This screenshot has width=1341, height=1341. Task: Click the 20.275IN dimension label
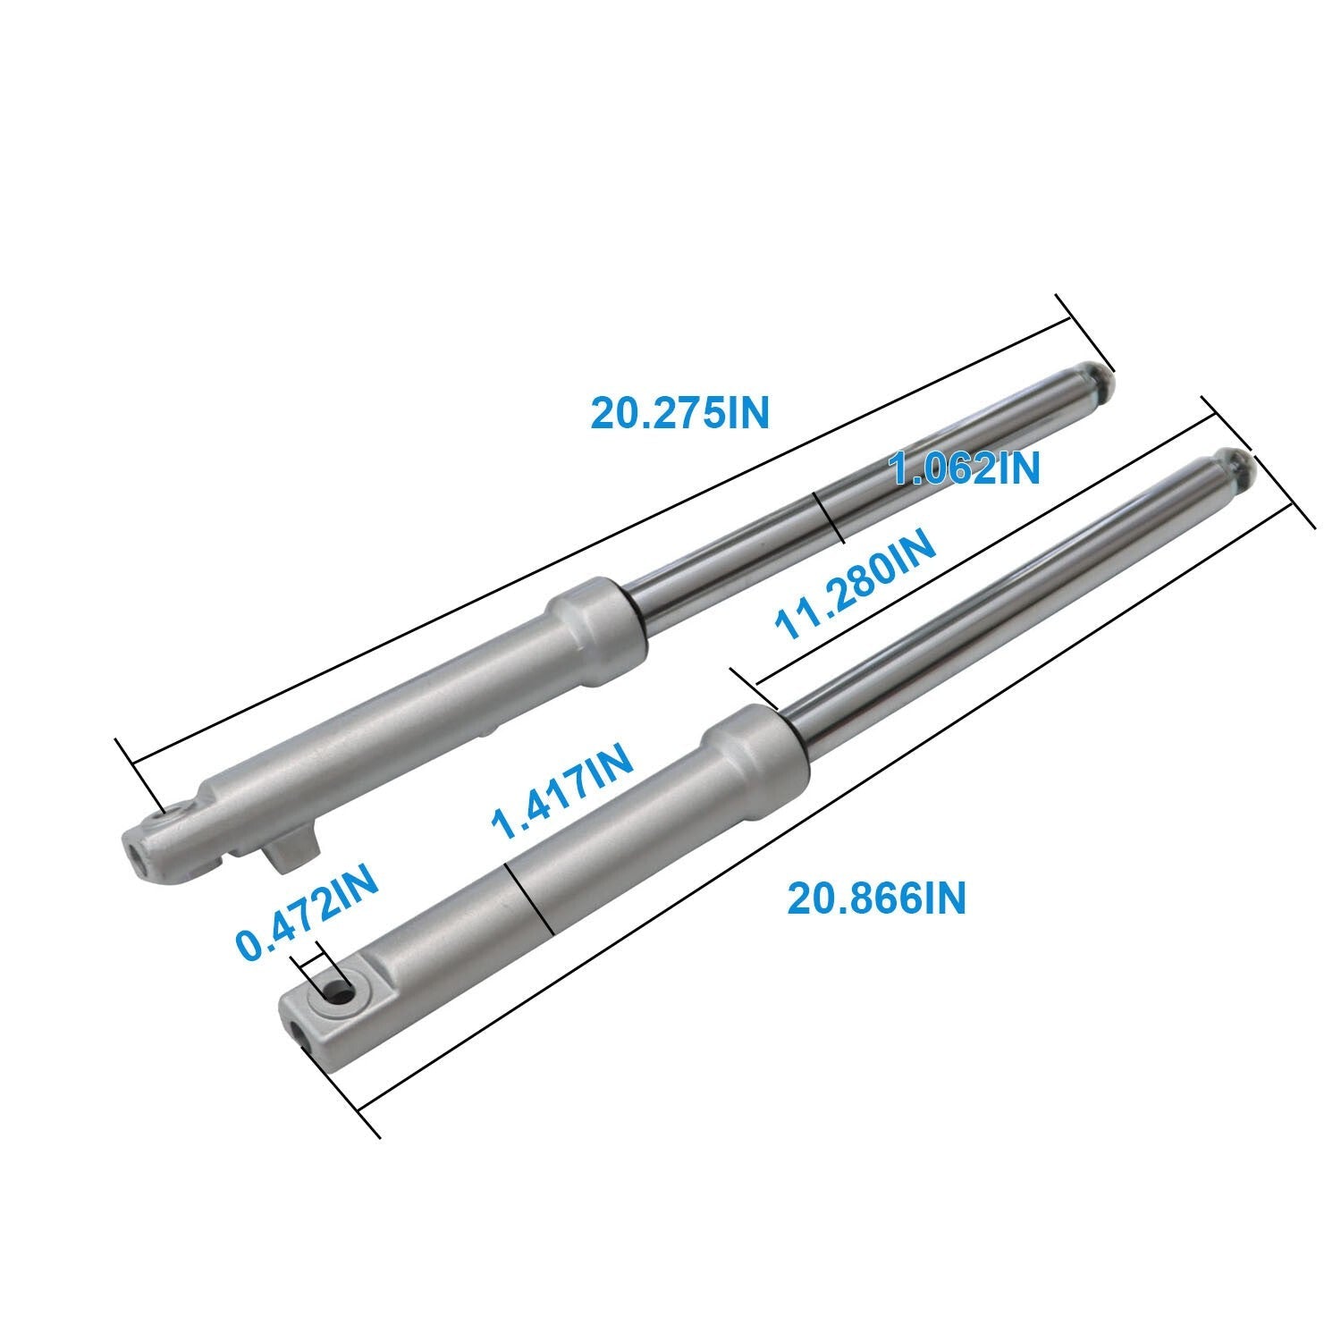(x=679, y=412)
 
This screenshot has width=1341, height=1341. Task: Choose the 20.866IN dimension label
(x=876, y=898)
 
